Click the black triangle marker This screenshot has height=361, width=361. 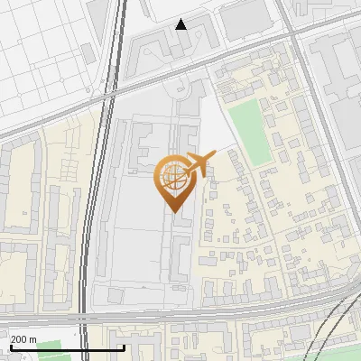pyautogui.click(x=181, y=24)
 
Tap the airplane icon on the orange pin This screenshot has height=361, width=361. pyautogui.click(x=199, y=164)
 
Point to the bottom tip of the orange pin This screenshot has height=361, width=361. pyautogui.click(x=172, y=213)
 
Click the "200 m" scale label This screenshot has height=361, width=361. pyautogui.click(x=23, y=339)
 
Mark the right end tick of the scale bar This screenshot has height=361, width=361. pyautogui.click(x=124, y=347)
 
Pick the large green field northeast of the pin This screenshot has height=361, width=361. pyautogui.click(x=250, y=131)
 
